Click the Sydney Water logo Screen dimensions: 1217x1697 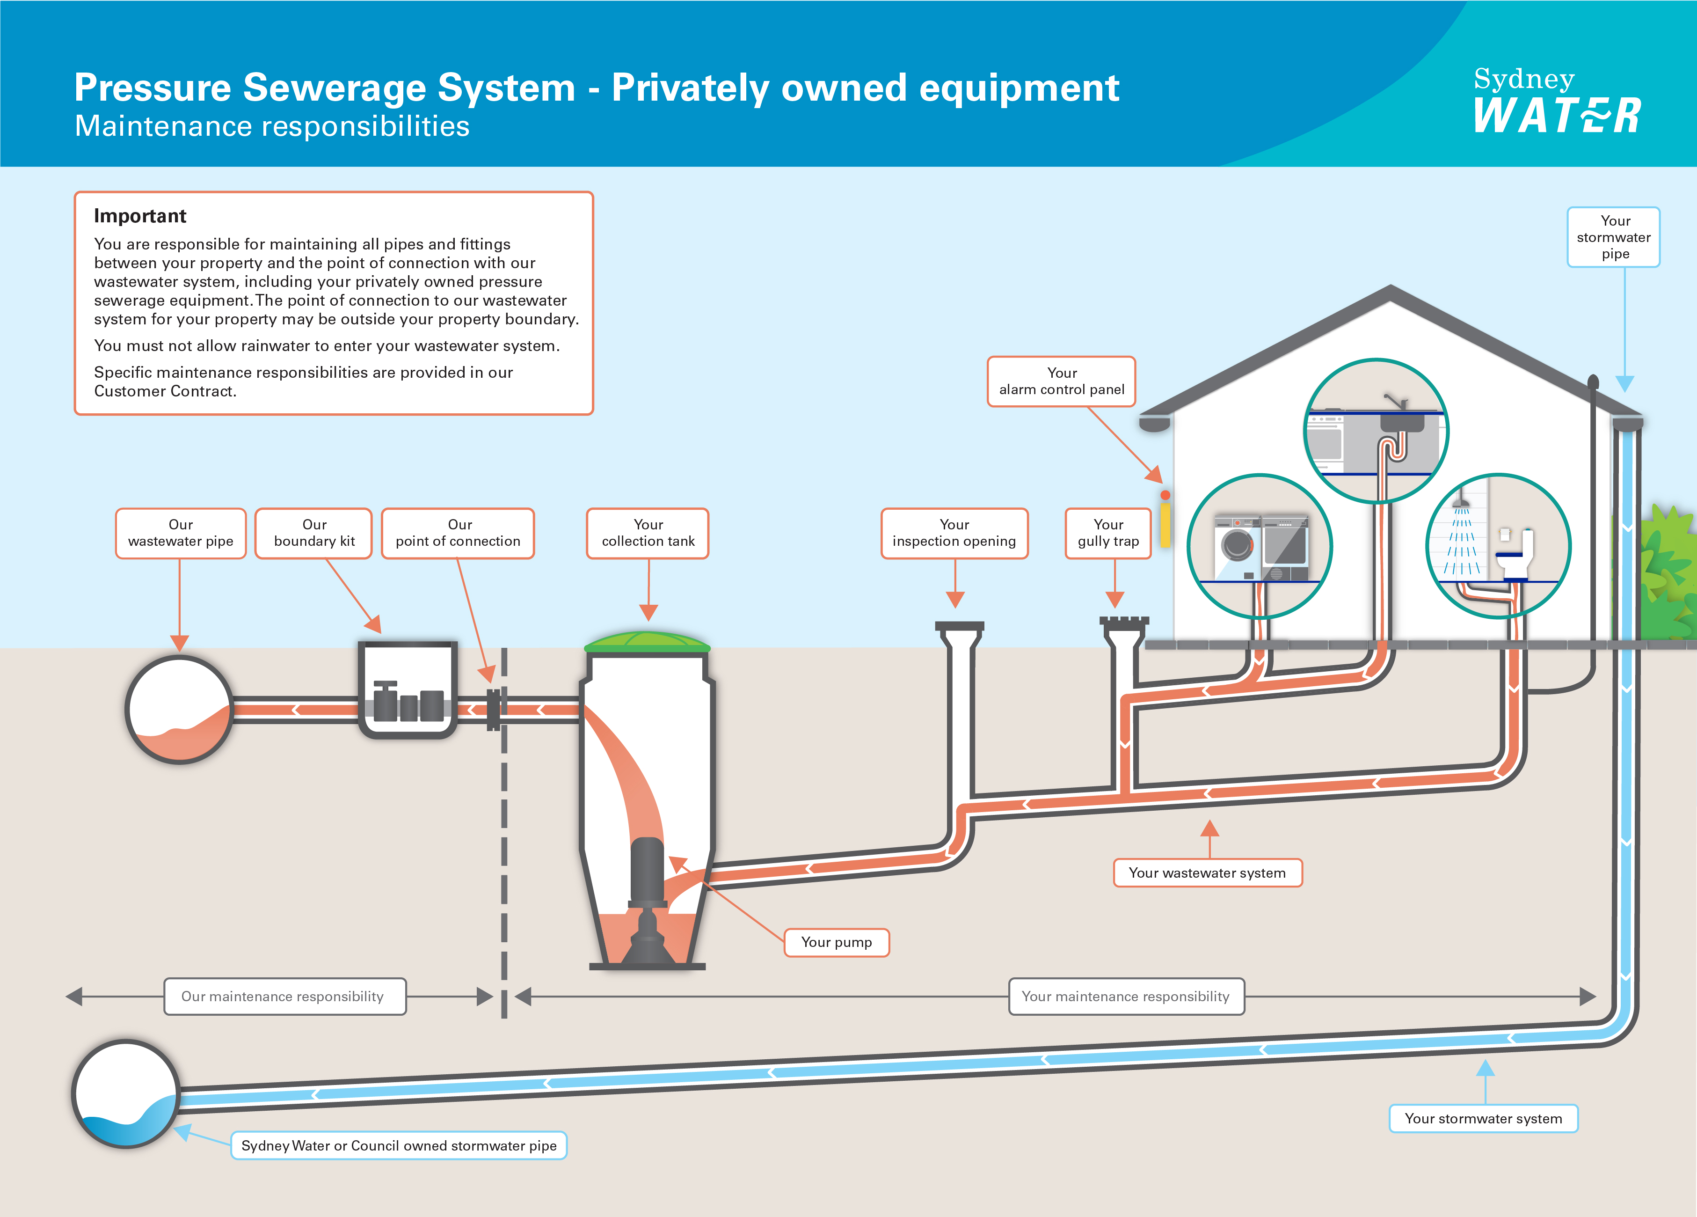1556,101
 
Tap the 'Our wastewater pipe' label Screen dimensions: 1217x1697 180,533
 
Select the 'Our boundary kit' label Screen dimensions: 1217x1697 313,533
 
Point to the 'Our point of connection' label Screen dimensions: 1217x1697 458,533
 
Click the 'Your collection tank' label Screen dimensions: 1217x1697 648,533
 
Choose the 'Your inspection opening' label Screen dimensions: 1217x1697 954,533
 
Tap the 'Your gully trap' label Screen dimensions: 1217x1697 1108,533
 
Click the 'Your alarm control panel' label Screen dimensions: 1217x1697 1062,381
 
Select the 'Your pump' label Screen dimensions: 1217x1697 837,942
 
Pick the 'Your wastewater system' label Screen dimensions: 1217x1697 1207,872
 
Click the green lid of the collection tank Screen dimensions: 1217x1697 647,641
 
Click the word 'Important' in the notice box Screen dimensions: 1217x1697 140,216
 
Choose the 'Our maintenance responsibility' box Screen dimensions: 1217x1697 284,996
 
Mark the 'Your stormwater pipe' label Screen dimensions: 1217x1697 1613,237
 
